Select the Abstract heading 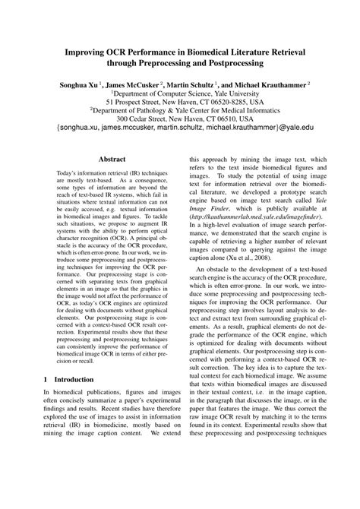(x=112, y=160)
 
